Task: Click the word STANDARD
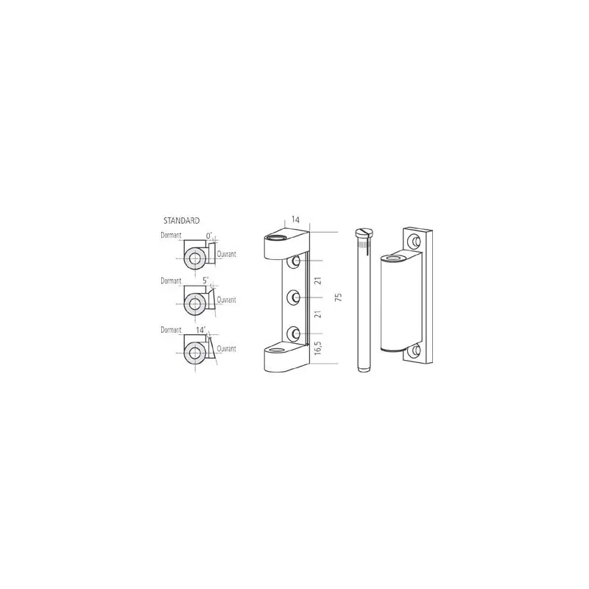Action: pyautogui.click(x=181, y=220)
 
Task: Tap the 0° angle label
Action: pyautogui.click(x=209, y=236)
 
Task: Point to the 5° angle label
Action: pyautogui.click(x=205, y=281)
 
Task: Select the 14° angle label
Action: pyautogui.click(x=201, y=330)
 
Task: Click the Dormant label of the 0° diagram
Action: pyautogui.click(x=171, y=236)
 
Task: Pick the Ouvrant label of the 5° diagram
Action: pyautogui.click(x=227, y=300)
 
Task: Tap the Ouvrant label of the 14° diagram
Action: pyautogui.click(x=227, y=349)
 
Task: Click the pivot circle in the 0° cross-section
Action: pyautogui.click(x=194, y=258)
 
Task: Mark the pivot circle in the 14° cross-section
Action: pyautogui.click(x=194, y=353)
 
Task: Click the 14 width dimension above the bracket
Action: pyautogui.click(x=296, y=219)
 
